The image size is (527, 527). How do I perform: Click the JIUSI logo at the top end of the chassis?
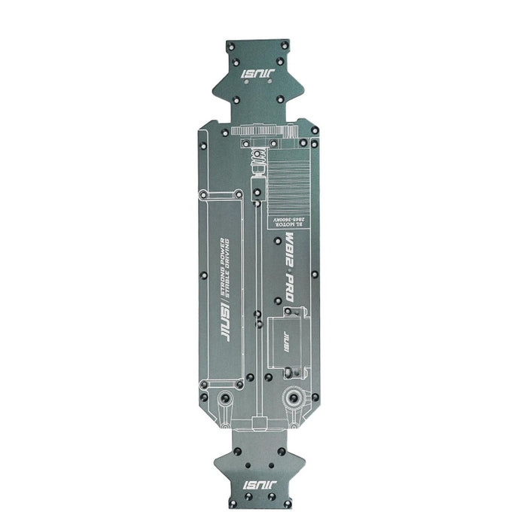(x=259, y=75)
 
